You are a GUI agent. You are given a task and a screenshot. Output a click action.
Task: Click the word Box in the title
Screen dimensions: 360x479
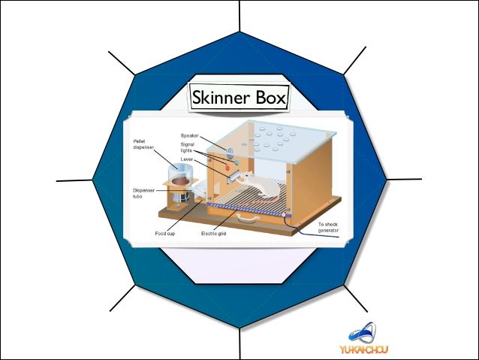267,97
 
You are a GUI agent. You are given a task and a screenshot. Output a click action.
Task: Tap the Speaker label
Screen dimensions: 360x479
190,135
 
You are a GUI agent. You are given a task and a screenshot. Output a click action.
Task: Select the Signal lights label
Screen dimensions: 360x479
188,147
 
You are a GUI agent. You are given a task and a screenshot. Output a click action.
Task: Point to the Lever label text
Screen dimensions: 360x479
187,160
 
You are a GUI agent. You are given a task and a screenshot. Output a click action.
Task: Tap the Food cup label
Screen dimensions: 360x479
166,234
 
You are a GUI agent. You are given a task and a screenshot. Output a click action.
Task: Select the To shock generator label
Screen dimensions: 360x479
328,228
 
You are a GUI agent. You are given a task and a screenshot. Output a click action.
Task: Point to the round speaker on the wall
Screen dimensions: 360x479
220,145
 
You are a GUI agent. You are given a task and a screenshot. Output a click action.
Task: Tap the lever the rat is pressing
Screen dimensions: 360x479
239,177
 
